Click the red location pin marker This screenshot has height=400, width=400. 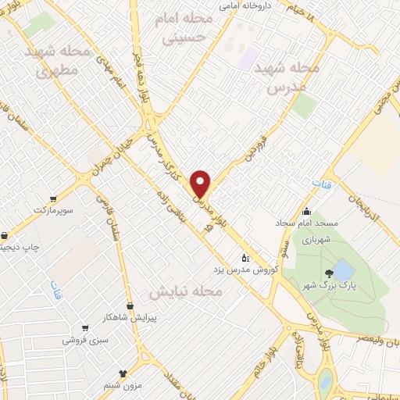pos(202,183)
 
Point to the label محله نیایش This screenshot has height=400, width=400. pos(185,291)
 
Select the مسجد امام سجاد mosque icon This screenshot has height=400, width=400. pos(306,211)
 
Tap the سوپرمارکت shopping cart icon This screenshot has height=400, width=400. pos(53,199)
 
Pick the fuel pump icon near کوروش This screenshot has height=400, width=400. pos(245,256)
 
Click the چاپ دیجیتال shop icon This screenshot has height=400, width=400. pos(5,234)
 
